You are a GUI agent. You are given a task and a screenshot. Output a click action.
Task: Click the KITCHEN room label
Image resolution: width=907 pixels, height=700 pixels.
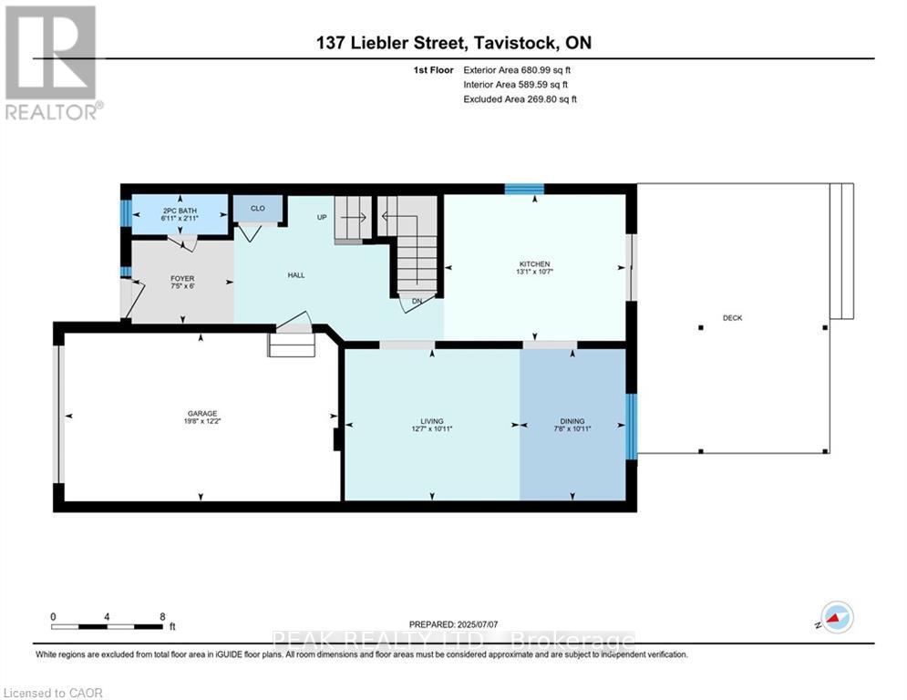click(534, 263)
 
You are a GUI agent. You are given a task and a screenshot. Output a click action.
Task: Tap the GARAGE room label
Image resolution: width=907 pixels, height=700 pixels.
click(202, 414)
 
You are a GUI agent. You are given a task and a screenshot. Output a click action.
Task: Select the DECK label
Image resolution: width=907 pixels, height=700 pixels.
click(732, 317)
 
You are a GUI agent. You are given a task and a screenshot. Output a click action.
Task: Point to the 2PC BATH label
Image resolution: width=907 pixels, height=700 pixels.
click(180, 211)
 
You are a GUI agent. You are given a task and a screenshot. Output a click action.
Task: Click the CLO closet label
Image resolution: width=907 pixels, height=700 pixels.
click(258, 208)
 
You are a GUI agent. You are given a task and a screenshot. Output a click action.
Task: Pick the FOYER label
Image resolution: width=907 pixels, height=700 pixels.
click(182, 278)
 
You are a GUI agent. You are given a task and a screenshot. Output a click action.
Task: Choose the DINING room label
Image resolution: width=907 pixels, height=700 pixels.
click(572, 421)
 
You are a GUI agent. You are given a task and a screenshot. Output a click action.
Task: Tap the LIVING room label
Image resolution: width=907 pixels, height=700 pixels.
click(431, 421)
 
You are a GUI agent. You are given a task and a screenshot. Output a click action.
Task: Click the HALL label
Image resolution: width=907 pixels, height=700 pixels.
click(296, 275)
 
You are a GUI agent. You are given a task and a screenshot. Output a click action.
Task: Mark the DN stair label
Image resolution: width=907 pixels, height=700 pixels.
click(417, 301)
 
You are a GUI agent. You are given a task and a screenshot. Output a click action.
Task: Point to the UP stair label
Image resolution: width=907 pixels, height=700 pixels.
click(322, 217)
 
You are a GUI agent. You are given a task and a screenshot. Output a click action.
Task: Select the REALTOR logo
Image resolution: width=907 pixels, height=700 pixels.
click(53, 63)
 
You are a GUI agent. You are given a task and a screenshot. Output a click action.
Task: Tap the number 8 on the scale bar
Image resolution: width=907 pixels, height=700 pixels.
click(162, 617)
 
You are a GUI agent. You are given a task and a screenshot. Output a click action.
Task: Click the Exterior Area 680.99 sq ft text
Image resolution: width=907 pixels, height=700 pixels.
click(517, 70)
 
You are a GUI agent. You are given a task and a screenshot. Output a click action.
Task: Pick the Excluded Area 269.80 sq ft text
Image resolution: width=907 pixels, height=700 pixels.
click(520, 99)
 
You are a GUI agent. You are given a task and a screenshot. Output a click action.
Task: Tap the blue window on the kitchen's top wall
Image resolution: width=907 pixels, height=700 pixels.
click(524, 189)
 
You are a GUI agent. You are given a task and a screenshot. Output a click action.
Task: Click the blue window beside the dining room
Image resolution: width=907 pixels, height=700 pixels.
click(632, 427)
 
